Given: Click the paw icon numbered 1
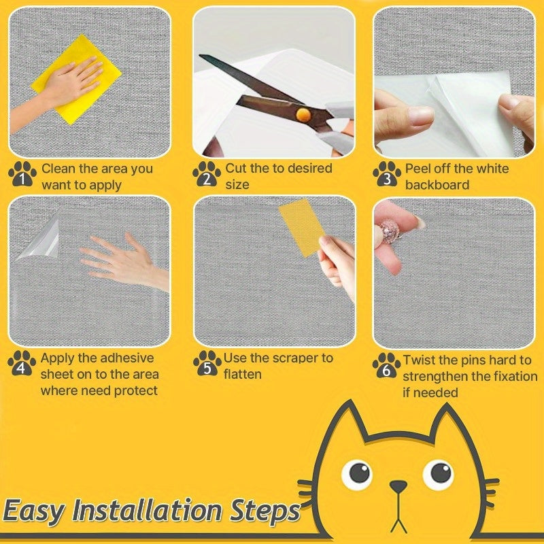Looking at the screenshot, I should pos(22,175).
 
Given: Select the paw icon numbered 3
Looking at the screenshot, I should pos(386,175).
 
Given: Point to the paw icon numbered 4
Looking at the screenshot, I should pos(22,364).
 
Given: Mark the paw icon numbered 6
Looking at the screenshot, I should pos(386,365).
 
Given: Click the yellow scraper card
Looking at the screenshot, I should pos(302,227).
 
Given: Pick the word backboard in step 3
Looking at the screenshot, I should pos(437,185).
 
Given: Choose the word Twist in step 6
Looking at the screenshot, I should pos(420,360).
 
